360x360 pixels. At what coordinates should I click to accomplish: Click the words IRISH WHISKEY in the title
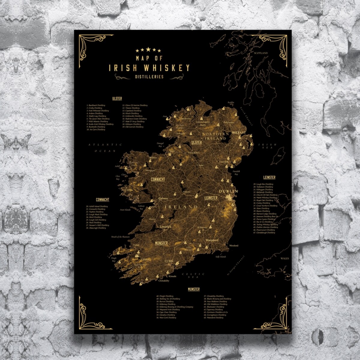[x=149, y=68]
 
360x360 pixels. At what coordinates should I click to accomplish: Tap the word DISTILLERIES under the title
[x=149, y=77]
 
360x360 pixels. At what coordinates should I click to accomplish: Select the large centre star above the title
[x=148, y=49]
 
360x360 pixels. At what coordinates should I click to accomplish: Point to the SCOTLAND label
[x=261, y=53]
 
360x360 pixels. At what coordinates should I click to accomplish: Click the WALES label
[x=284, y=258]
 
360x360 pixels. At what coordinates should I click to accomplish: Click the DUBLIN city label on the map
[x=228, y=191]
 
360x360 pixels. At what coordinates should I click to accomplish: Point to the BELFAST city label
[x=239, y=132]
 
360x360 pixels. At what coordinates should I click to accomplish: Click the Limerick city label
[x=166, y=227]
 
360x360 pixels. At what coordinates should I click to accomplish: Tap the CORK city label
[x=169, y=261]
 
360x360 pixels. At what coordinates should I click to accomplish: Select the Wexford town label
[x=233, y=245]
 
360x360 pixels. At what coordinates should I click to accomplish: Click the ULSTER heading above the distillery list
[x=117, y=99]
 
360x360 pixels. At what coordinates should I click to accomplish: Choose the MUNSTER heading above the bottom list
[x=193, y=289]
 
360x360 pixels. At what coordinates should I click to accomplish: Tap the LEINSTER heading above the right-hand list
[x=269, y=178]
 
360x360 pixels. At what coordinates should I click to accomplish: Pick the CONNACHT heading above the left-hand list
[x=102, y=200]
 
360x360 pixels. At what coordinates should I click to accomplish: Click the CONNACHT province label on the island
[x=158, y=179]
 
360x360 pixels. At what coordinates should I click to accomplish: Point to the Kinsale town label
[x=172, y=276]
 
